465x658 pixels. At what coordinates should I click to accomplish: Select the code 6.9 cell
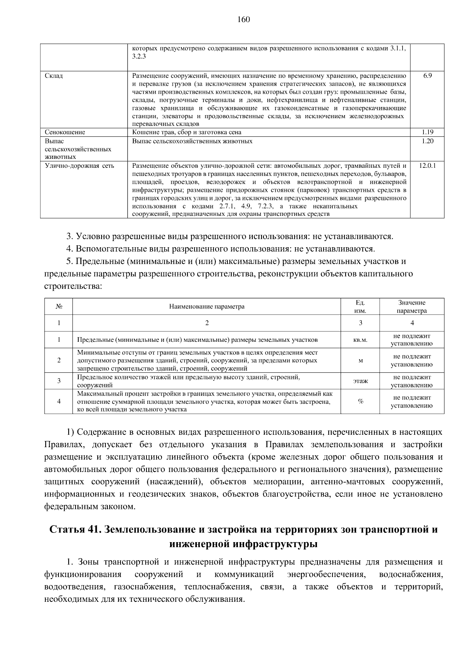(427, 76)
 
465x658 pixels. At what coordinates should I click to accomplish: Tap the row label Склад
(54, 76)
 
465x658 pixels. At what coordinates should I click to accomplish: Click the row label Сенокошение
(65, 132)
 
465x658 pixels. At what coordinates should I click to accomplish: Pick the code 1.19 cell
(427, 132)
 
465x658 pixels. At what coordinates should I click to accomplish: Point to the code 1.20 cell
(427, 141)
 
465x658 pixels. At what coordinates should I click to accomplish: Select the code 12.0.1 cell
(427, 166)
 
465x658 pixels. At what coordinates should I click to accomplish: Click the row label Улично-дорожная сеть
(79, 166)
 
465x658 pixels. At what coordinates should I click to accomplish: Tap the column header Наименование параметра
(207, 307)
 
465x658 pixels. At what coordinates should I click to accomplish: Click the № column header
(59, 307)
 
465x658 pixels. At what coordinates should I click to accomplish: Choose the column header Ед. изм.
(360, 307)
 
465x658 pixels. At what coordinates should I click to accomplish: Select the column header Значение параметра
(412, 307)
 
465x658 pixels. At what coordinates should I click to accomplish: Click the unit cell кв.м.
(360, 340)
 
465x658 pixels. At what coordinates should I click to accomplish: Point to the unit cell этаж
(360, 381)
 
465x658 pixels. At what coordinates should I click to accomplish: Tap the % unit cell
(360, 401)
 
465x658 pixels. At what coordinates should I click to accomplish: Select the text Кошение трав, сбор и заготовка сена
(186, 132)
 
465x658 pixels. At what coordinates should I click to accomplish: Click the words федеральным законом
(90, 506)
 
